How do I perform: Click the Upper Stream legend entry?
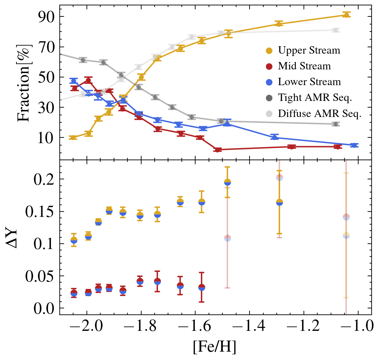pyautogui.click(x=309, y=51)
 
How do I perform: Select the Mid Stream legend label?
pyautogui.click(x=304, y=66)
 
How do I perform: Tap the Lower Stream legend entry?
pyautogui.click(x=309, y=82)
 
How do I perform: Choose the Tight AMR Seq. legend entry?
pyautogui.click(x=315, y=98)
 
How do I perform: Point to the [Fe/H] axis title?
pyautogui.click(x=215, y=348)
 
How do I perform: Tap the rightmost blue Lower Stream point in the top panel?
pyautogui.click(x=354, y=145)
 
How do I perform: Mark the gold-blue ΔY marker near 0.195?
pyautogui.click(x=227, y=182)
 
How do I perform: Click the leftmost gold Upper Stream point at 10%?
pyautogui.click(x=73, y=138)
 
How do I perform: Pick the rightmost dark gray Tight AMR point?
pyautogui.click(x=335, y=124)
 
